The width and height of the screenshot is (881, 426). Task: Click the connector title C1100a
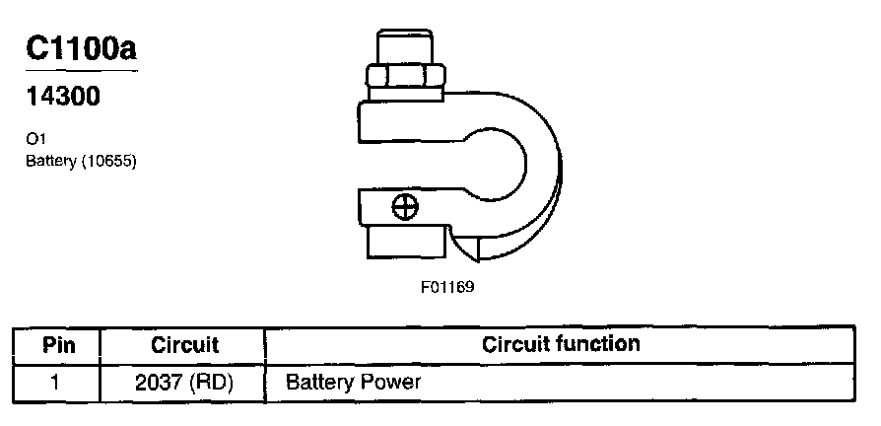[x=81, y=50]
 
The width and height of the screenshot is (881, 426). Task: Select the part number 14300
[x=59, y=100]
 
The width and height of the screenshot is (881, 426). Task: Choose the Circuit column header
[x=184, y=345]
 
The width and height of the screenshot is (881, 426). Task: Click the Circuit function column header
[x=561, y=344]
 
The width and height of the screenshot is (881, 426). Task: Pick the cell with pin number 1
[x=56, y=380]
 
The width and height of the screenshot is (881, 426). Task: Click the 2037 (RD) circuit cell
[x=184, y=380]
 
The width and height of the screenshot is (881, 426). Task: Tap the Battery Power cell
[x=353, y=380]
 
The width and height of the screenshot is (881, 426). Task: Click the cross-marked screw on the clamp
[x=404, y=207]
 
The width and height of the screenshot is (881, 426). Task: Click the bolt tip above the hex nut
[x=404, y=47]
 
